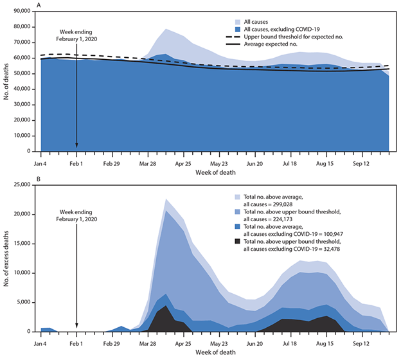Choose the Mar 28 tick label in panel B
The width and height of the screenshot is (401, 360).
pos(148,343)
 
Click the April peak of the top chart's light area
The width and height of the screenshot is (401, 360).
pos(166,29)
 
